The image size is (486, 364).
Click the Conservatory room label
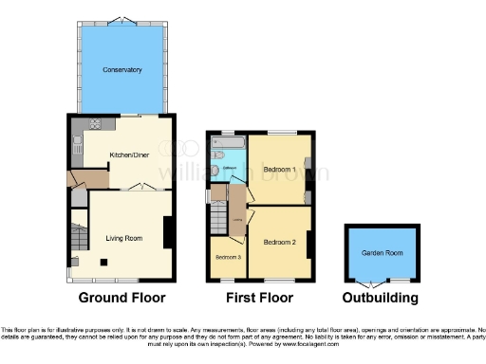[x=121, y=69]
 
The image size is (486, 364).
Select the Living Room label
[x=123, y=238]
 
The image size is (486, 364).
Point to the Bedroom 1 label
[x=280, y=170]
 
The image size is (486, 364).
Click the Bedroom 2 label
[x=280, y=243]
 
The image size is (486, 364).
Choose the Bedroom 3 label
[x=227, y=258]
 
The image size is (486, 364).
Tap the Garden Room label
[x=382, y=253]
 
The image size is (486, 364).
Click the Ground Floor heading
[x=121, y=298]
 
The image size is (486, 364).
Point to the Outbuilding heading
[x=381, y=298]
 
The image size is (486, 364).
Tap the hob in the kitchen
[x=95, y=124]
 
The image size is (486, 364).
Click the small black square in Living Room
[x=104, y=263]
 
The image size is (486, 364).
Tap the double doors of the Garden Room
[x=380, y=282]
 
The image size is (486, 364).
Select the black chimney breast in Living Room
[x=168, y=232]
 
